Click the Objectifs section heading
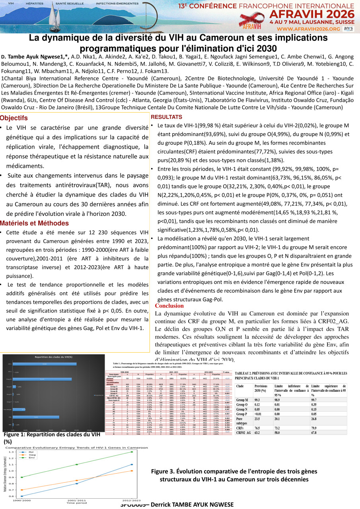coord(14,118)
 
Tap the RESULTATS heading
coord(166,117)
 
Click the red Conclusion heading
coord(169,306)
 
